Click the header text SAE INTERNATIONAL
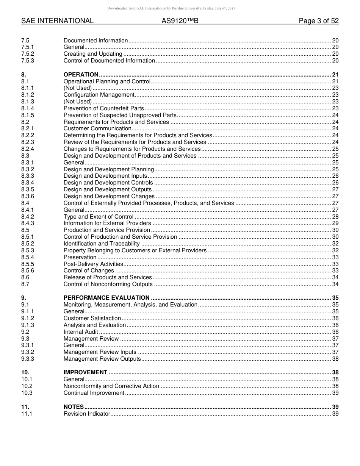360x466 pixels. pos(57,21)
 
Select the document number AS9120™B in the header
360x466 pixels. pos(180,21)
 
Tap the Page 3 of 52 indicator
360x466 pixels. pos(318,21)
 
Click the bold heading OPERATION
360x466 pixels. pos(81,75)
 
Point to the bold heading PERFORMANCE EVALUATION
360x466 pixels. pos(106,298)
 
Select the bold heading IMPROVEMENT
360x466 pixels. pos(85,372)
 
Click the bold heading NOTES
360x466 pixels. pos(74,407)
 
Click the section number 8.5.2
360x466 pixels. pos(28,244)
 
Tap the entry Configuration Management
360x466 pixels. pos(99,95)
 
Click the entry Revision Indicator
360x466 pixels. pos(87,414)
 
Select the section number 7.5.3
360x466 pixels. pos(28,61)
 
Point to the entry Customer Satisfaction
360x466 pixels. pos(92,318)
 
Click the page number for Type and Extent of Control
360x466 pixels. pos(335,217)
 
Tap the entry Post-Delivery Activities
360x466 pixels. pos(93,264)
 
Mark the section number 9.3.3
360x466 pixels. pos(28,359)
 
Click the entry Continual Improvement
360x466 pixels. pos(94,393)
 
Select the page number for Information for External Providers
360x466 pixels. pos(335,223)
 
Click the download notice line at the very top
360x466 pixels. pos(171,8)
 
